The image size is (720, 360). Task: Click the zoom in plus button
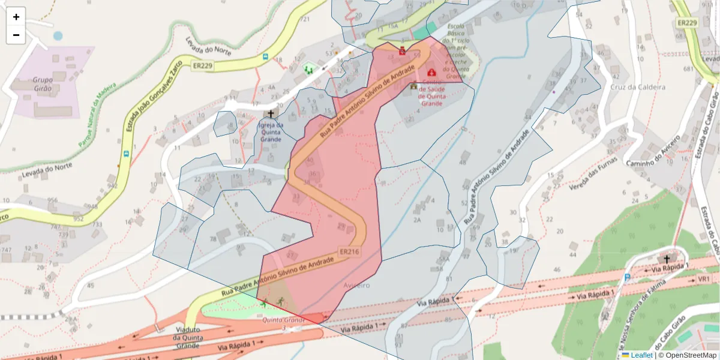click(x=16, y=17)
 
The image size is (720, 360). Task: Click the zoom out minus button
click(x=16, y=35)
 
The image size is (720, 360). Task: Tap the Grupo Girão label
click(x=43, y=83)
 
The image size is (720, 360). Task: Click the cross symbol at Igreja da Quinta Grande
click(x=270, y=113)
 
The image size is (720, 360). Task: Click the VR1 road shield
click(x=703, y=280)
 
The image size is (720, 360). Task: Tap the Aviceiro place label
click(x=357, y=286)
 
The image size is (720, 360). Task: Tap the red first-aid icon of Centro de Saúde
click(x=431, y=72)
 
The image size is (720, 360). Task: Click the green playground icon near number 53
click(x=309, y=69)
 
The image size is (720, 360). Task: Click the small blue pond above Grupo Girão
click(x=58, y=36)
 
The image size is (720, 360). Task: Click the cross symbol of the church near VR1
click(x=666, y=259)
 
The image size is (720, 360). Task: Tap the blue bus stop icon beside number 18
click(x=265, y=56)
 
